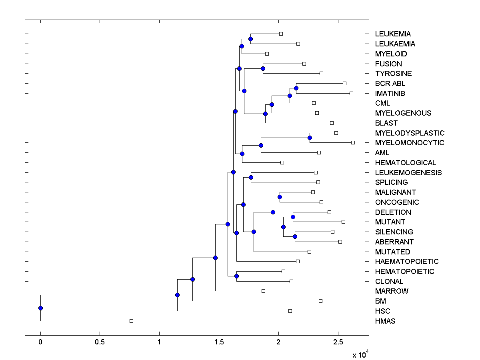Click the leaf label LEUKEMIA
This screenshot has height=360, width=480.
point(393,34)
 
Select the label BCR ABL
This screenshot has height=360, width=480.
point(390,84)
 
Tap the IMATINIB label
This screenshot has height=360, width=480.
point(390,93)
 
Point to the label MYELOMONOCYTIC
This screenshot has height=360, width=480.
point(410,143)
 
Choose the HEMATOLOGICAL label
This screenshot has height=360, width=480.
point(406,163)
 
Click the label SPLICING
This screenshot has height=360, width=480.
point(391,182)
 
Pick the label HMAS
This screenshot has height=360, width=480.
point(385,321)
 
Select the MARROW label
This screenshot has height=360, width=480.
point(392,291)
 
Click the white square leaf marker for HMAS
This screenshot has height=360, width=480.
point(131,321)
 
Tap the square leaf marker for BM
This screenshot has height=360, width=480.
point(320,301)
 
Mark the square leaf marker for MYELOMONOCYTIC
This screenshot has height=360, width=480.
point(353,142)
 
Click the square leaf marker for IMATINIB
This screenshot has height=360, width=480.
point(351,93)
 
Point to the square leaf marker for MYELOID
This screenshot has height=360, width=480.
point(267,54)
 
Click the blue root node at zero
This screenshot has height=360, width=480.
point(40,308)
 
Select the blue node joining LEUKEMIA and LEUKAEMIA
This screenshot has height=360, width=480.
point(250,39)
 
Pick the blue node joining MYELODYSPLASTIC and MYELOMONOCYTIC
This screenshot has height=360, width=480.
point(310,138)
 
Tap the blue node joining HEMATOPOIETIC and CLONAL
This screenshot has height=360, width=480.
point(236,276)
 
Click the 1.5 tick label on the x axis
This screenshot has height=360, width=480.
point(219,343)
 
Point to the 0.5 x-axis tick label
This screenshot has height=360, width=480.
point(100,343)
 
